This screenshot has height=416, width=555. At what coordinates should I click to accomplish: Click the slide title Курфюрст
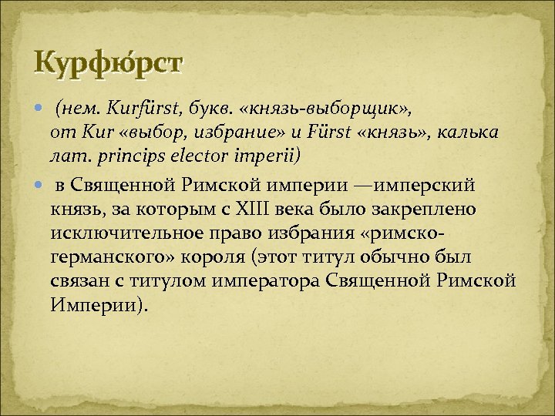click(107, 61)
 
